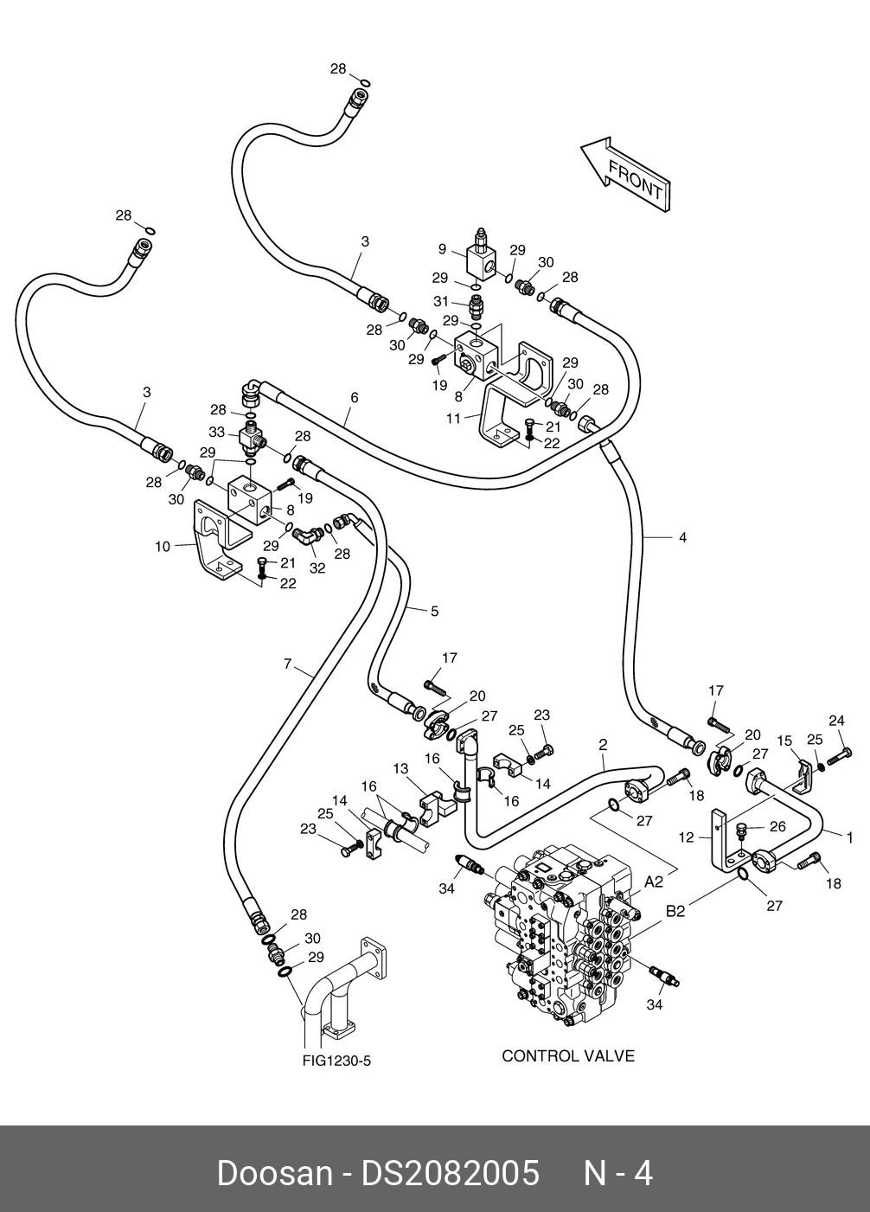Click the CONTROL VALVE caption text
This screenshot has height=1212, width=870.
[x=568, y=1055]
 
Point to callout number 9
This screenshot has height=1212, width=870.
[x=442, y=249]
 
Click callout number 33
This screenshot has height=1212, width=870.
[x=216, y=433]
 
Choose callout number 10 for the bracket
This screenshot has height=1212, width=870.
[x=163, y=547]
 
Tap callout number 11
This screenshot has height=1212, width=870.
[x=453, y=418]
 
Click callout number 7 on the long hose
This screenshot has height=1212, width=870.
[x=287, y=663]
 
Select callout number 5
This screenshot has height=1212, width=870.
[x=434, y=612]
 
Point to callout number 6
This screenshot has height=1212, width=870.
[x=355, y=398]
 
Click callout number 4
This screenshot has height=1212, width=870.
[x=683, y=537]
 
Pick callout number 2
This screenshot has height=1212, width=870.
[x=604, y=745]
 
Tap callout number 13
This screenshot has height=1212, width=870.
[x=400, y=769]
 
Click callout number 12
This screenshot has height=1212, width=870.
[x=686, y=837]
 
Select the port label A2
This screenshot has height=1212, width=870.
[x=654, y=882]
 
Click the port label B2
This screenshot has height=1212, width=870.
[x=675, y=912]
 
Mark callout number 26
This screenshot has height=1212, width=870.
[x=777, y=827]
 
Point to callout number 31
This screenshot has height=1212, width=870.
[x=441, y=301]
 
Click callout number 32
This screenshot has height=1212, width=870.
[x=317, y=568]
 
